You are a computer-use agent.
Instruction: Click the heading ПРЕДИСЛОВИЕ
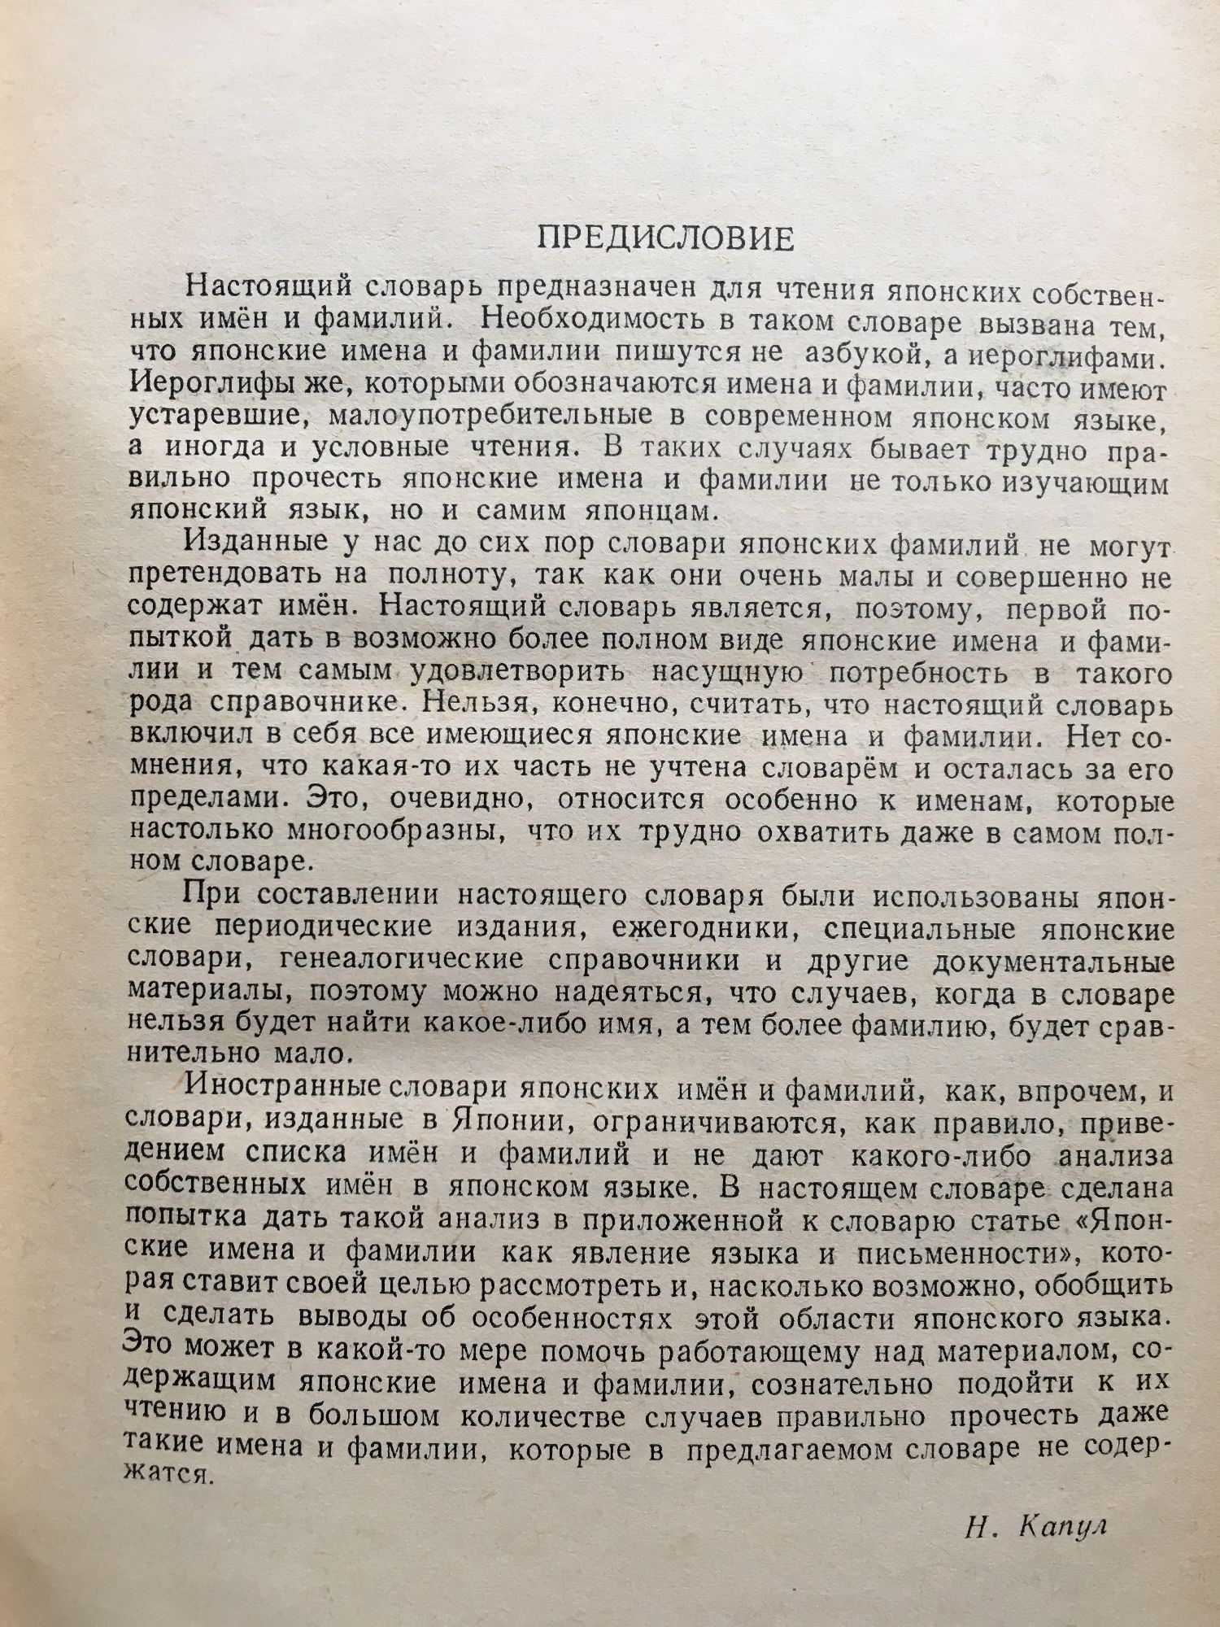pos(665,238)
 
